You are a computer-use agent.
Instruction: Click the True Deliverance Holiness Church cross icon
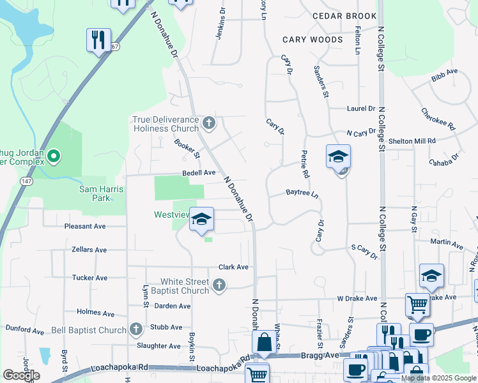coord(208,122)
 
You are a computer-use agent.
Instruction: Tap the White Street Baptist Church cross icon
coord(219,285)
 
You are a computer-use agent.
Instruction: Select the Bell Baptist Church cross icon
coord(135,329)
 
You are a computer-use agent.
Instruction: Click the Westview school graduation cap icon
coord(202,219)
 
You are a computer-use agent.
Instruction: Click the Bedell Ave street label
coord(199,172)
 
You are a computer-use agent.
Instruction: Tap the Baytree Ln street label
coord(302,192)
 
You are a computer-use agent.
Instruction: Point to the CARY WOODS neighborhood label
coord(312,40)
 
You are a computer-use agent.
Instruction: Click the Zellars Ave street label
coord(89,250)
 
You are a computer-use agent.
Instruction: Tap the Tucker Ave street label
coord(89,278)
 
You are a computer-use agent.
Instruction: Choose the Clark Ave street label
coord(233,267)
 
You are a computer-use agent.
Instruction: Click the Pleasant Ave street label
coord(85,226)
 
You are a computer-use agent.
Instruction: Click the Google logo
coord(21,375)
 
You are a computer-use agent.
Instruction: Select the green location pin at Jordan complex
coord(54,155)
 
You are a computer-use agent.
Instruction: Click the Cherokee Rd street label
coord(438,118)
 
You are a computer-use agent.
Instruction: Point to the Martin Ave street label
coord(447,243)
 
